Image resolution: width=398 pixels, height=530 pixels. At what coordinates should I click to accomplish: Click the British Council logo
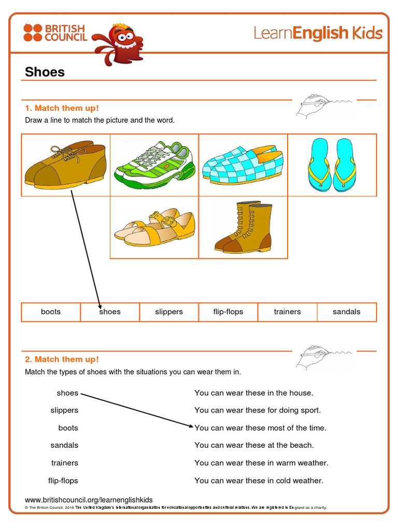pyautogui.click(x=55, y=33)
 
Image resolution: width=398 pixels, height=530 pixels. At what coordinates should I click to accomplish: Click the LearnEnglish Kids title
pyautogui.click(x=318, y=33)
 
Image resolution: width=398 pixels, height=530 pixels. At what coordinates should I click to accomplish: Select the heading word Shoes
pyautogui.click(x=45, y=72)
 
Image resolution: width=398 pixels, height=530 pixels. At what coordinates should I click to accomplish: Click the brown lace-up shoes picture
pyautogui.click(x=65, y=165)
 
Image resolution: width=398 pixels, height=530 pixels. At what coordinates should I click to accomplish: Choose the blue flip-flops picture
pyautogui.click(x=332, y=163)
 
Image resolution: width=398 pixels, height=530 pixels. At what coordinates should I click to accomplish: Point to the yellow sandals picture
pyautogui.click(x=154, y=227)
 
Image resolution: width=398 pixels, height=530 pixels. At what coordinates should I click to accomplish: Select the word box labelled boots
pyautogui.click(x=51, y=312)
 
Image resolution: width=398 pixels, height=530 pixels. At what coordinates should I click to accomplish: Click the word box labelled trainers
pyautogui.click(x=287, y=312)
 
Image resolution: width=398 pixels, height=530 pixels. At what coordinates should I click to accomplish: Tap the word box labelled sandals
pyautogui.click(x=346, y=312)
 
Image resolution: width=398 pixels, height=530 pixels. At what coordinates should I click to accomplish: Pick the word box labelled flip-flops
pyautogui.click(x=228, y=312)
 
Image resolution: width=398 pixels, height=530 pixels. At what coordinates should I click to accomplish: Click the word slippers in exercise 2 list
pyautogui.click(x=64, y=410)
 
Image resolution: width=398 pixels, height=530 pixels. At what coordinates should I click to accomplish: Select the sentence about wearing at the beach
pyautogui.click(x=254, y=445)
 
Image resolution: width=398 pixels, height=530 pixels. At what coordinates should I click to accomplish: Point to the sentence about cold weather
pyautogui.click(x=259, y=480)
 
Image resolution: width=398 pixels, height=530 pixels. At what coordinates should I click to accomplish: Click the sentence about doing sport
pyautogui.click(x=258, y=410)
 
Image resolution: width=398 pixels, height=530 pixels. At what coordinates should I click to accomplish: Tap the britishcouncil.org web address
pyautogui.click(x=89, y=499)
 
